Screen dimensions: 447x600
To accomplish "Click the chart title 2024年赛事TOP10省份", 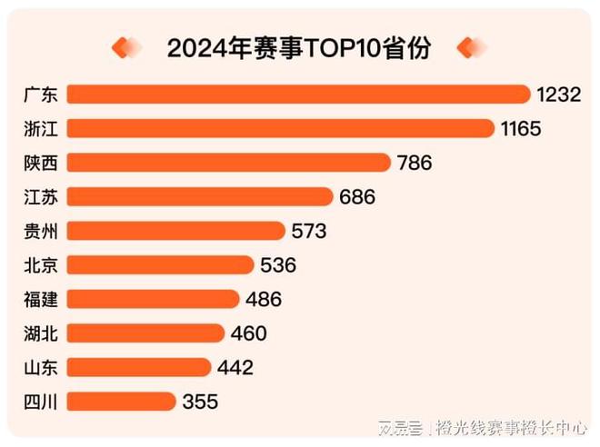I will pyautogui.click(x=299, y=48).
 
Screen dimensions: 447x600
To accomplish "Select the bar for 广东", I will pyautogui.click(x=298, y=94).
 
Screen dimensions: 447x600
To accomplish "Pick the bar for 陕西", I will pyautogui.click(x=228, y=163).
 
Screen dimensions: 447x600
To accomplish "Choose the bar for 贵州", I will pyautogui.click(x=176, y=231).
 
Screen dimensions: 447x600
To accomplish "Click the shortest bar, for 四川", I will pyautogui.click(x=121, y=401).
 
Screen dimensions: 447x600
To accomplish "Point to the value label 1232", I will pyautogui.click(x=558, y=94).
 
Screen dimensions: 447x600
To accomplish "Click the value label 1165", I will pyautogui.click(x=521, y=129).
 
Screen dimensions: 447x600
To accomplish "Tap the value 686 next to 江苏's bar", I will pyautogui.click(x=356, y=197).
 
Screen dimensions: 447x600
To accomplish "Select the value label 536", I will pyautogui.click(x=277, y=265).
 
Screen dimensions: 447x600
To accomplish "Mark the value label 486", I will pyautogui.click(x=263, y=299).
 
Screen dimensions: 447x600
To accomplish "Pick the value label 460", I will pyautogui.click(x=248, y=333).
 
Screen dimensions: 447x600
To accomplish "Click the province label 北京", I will pyautogui.click(x=41, y=265).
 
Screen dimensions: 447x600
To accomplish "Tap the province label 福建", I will pyautogui.click(x=41, y=299).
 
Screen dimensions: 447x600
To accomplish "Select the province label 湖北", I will pyautogui.click(x=41, y=333).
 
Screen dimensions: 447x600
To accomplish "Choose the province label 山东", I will pyautogui.click(x=41, y=367).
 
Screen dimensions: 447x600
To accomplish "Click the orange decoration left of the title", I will pyautogui.click(x=126, y=47).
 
